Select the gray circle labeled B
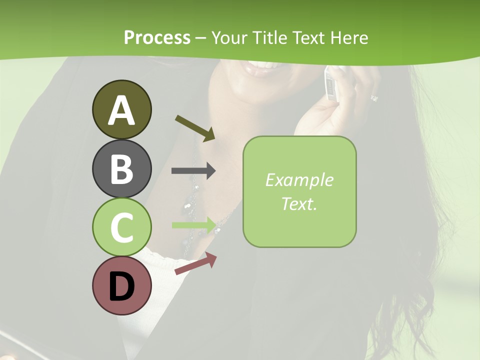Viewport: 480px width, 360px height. pyautogui.click(x=121, y=168)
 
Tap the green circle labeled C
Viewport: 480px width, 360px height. pyautogui.click(x=121, y=227)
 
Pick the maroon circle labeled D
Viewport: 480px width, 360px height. pyautogui.click(x=121, y=285)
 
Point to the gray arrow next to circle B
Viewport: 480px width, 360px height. pyautogui.click(x=193, y=170)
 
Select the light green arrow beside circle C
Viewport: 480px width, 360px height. pyautogui.click(x=193, y=225)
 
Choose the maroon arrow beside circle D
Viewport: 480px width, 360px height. pyautogui.click(x=195, y=264)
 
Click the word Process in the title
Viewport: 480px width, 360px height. pyautogui.click(x=157, y=37)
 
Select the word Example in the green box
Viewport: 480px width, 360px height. pyautogui.click(x=299, y=180)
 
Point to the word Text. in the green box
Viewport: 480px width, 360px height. pyautogui.click(x=299, y=203)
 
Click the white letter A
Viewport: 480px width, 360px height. pyautogui.click(x=121, y=110)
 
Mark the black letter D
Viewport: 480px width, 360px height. pyautogui.click(x=121, y=287)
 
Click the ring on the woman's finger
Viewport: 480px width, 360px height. pyautogui.click(x=374, y=98)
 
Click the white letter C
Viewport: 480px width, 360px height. pyautogui.click(x=121, y=228)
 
